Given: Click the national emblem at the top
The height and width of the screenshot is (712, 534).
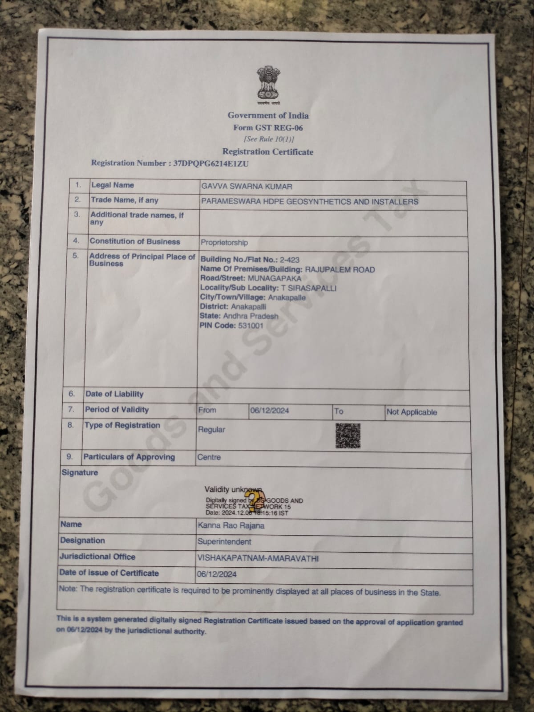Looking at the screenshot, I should coord(267,84).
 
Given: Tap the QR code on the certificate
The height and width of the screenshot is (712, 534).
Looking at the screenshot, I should coord(348,435).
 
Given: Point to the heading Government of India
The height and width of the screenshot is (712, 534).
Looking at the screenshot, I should coord(268,115).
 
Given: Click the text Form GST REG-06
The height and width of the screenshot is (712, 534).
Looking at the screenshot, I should coord(268,128).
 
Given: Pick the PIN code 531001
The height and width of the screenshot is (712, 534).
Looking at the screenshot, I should coord(251,325).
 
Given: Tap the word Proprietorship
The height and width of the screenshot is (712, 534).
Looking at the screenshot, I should coord(224,243).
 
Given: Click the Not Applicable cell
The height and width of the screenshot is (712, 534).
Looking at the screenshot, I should coord(412,412).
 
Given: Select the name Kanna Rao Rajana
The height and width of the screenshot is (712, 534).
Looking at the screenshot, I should coord(231,525).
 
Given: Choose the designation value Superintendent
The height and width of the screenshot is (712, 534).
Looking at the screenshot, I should coord(224,541).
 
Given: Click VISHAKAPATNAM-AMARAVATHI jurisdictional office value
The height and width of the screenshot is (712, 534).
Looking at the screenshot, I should coord(258,558).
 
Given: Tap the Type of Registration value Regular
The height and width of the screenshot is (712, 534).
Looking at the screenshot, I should coord(211,430).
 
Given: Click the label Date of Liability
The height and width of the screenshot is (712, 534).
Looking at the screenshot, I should coord(114,394).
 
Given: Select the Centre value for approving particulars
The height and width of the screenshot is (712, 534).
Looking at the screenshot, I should coord(209,457).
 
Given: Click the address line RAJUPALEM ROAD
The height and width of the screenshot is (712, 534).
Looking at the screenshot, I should coord(340,269).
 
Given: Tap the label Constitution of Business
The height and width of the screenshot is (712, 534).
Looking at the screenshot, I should coord(135,241).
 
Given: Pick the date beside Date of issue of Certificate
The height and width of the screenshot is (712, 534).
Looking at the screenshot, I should coord(217,574).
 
